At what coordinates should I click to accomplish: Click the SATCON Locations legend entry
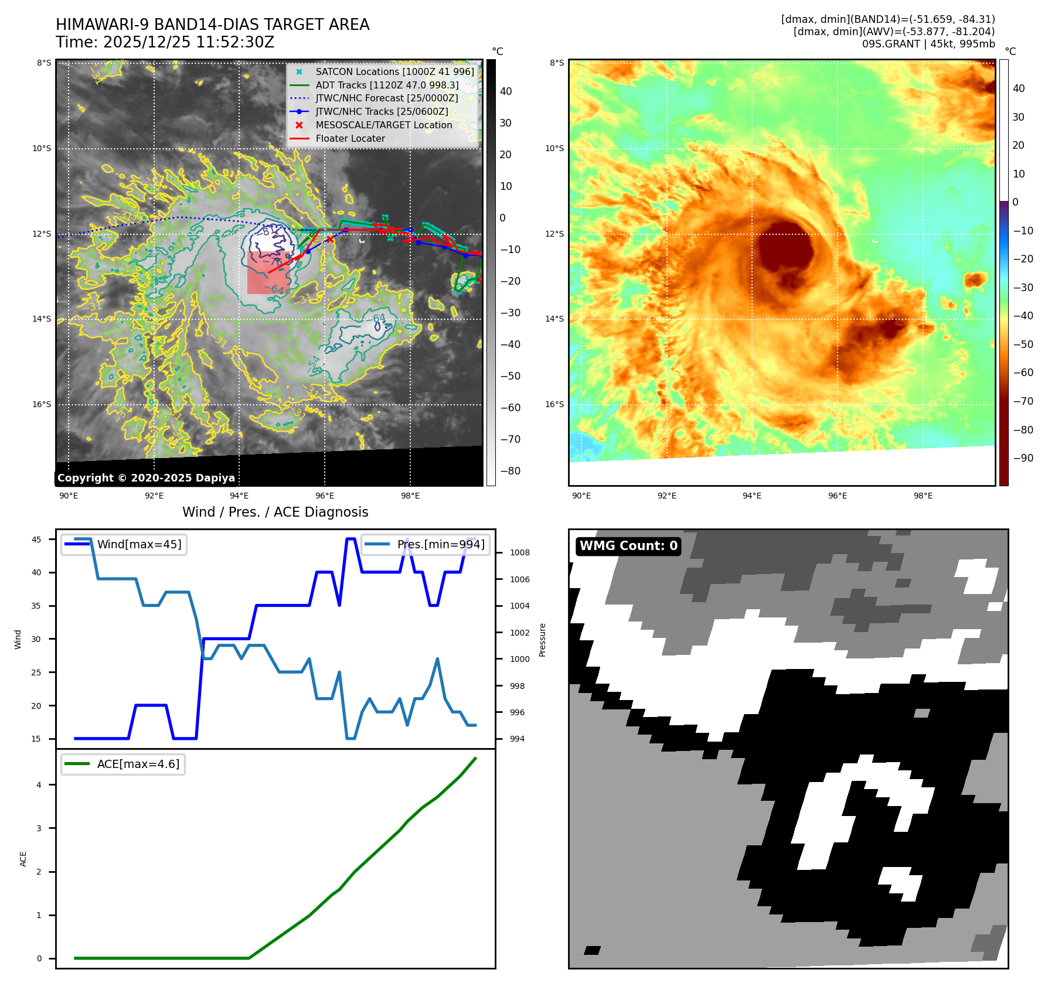[394, 71]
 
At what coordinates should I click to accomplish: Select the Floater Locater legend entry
[350, 139]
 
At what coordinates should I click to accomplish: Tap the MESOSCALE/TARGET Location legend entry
[383, 125]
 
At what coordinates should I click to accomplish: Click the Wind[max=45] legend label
[139, 544]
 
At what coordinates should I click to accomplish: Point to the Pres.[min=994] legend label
[441, 544]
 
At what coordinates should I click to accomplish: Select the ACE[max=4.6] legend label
[138, 764]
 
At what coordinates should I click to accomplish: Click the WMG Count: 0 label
[628, 546]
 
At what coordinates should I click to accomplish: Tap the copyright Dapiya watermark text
[146, 478]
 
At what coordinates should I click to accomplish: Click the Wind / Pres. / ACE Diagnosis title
[275, 512]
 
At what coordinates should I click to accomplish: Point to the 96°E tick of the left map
[325, 496]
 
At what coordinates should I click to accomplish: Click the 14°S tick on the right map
[554, 319]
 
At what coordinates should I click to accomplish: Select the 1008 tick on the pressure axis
[519, 552]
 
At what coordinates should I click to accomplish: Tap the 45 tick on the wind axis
[36, 540]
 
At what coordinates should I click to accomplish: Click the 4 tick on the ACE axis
[39, 785]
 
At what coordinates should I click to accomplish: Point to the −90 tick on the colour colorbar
[1023, 458]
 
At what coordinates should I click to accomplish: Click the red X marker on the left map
[330, 239]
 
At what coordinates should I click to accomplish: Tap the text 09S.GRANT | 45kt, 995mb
[928, 44]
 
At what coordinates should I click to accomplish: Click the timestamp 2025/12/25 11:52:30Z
[188, 42]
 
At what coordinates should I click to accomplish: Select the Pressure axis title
[542, 640]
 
